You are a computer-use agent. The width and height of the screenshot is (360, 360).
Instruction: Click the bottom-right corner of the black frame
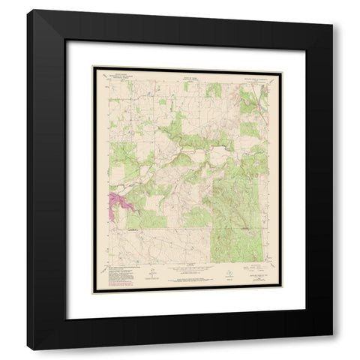[331, 349]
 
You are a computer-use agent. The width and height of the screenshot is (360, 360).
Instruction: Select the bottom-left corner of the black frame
[28, 349]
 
